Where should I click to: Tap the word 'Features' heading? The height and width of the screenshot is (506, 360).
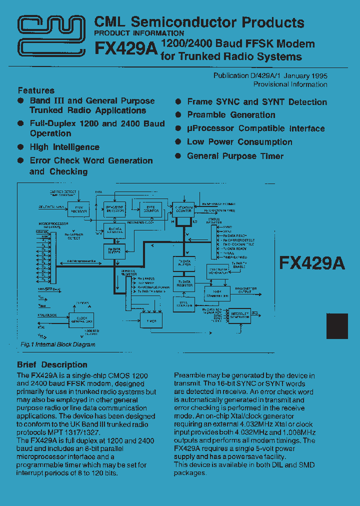pos(36,90)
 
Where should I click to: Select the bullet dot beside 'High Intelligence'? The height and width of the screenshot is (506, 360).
pos(21,147)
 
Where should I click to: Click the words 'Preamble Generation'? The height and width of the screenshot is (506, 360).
pos(231,115)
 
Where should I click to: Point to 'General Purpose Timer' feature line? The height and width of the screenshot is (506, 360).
pos(235,156)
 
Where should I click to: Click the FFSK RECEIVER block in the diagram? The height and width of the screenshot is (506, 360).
pos(78,209)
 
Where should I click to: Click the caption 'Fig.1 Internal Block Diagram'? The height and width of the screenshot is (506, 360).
pos(58,344)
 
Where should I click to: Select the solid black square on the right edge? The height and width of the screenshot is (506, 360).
pos(337,326)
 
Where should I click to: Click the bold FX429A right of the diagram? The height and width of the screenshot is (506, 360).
pos(312,263)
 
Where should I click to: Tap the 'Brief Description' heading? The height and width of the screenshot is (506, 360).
pos(52,364)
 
